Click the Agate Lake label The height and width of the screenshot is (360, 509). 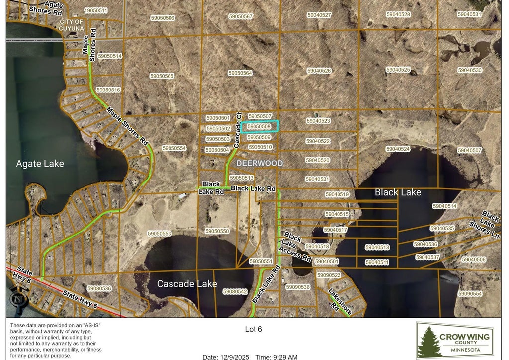pyautogui.click(x=40, y=164)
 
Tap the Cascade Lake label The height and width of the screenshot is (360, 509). pyautogui.click(x=187, y=284)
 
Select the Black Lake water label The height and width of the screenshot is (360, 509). pyautogui.click(x=398, y=192)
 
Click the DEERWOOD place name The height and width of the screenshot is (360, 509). pyautogui.click(x=259, y=163)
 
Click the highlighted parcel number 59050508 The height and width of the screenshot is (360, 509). pyautogui.click(x=259, y=126)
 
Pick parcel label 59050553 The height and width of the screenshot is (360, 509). pyautogui.click(x=159, y=233)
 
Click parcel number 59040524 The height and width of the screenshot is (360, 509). pyautogui.click(x=398, y=149)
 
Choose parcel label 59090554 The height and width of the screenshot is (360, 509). pyautogui.click(x=470, y=294)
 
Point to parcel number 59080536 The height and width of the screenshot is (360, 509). pyautogui.click(x=99, y=288)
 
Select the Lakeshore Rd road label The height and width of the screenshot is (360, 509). pyautogui.click(x=340, y=302)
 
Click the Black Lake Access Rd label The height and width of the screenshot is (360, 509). pyautogui.click(x=297, y=247)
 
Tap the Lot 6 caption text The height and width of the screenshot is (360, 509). pyautogui.click(x=254, y=329)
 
